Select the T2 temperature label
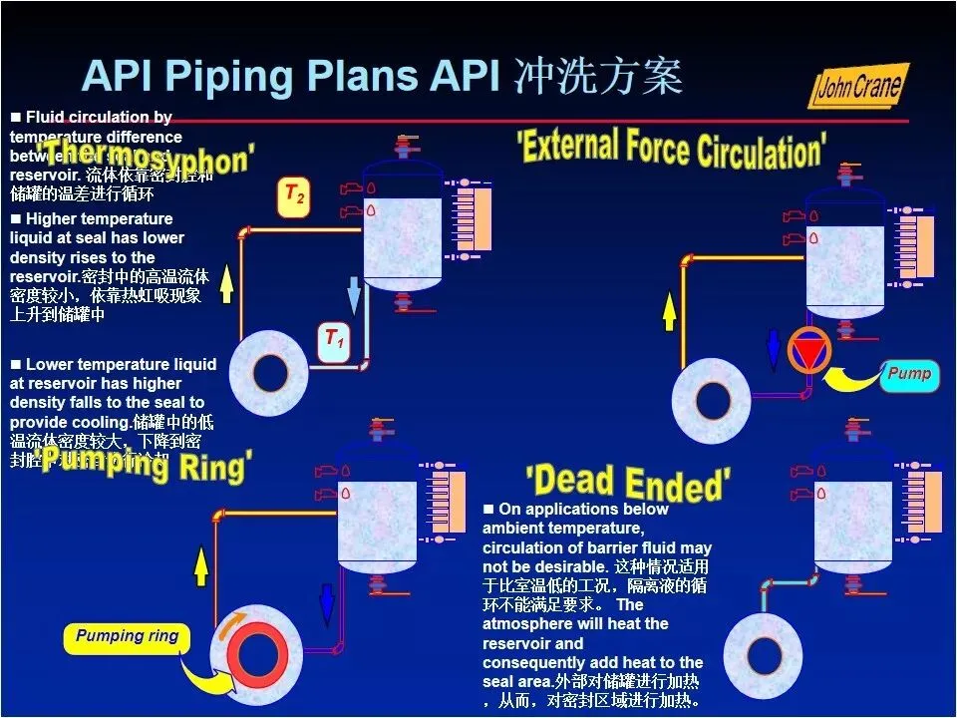pyautogui.click(x=293, y=193)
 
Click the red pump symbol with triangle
pyautogui.click(x=808, y=350)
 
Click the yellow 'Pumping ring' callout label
pyautogui.click(x=127, y=636)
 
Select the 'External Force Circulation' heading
pyautogui.click(x=671, y=148)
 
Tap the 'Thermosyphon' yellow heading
pyautogui.click(x=150, y=160)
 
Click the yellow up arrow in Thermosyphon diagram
pyautogui.click(x=226, y=283)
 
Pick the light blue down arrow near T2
pyautogui.click(x=354, y=293)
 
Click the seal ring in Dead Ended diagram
pyautogui.click(x=765, y=655)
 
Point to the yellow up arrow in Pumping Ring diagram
pyautogui.click(x=201, y=565)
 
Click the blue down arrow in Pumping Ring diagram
pyautogui.click(x=326, y=603)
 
